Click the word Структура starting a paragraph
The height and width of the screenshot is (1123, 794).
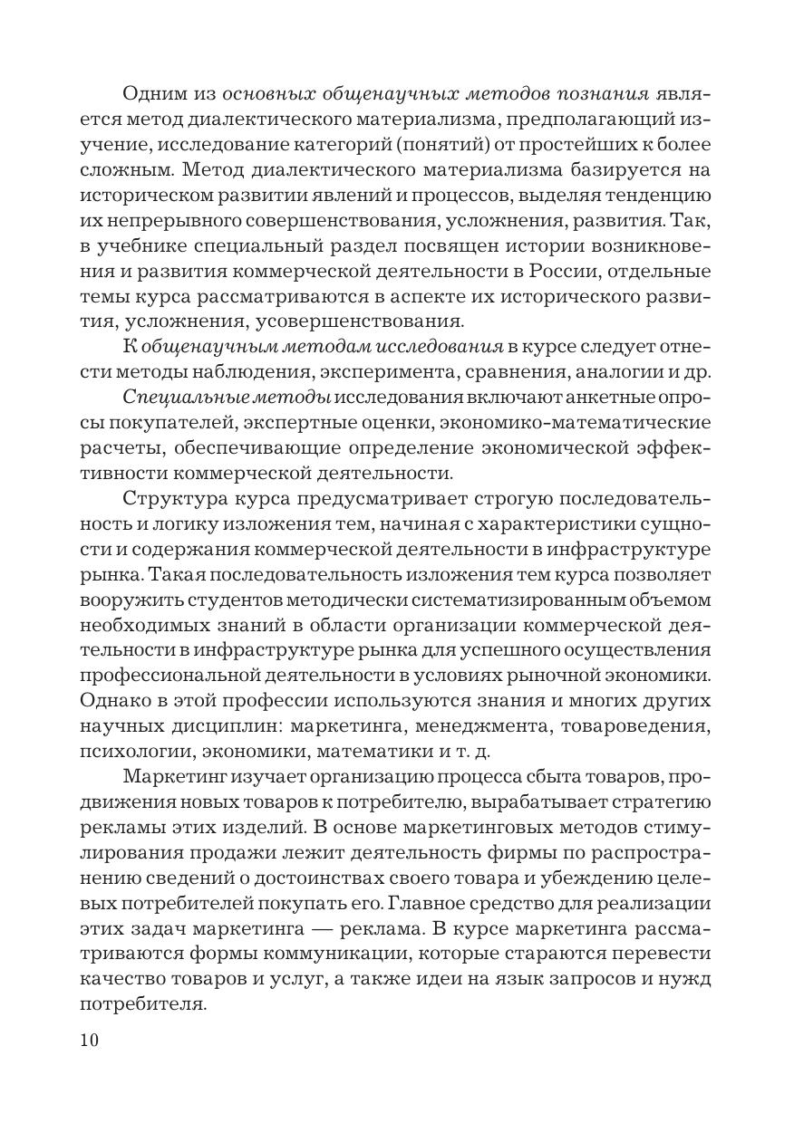point(179,498)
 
